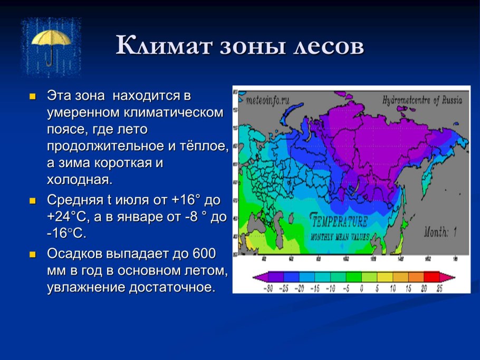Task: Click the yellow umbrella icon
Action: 51,46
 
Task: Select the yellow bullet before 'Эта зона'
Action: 32,97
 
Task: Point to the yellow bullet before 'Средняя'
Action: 32,201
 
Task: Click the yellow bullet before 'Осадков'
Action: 32,254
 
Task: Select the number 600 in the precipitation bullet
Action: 204,254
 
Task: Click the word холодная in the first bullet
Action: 79,179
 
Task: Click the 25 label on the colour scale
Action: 439,289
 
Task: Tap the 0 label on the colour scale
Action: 361,289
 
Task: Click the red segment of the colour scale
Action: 431,277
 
